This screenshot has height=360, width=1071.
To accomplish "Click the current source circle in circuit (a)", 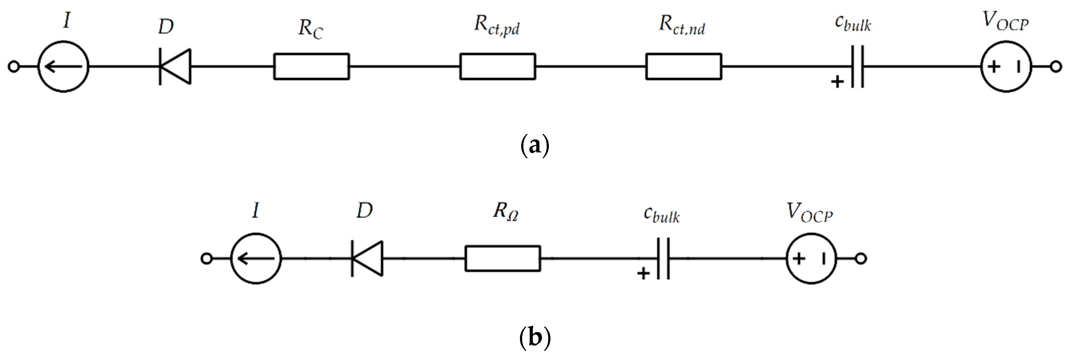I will (63, 67).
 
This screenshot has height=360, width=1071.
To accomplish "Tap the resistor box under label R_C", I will (312, 67).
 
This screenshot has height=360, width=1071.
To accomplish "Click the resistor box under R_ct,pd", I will (497, 67).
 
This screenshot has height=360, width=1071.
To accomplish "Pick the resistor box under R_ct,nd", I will (683, 67).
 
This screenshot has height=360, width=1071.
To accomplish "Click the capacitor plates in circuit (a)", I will (857, 67).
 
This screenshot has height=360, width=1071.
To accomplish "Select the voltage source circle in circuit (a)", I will (1006, 67).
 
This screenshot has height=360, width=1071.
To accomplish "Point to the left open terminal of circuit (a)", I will (14, 67).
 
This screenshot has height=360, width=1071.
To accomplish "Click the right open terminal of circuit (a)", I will (1056, 67).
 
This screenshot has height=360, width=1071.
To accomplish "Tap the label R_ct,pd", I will (497, 26).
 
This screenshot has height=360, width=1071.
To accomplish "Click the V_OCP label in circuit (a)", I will (1005, 22).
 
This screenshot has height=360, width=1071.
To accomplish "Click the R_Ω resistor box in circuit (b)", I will (503, 259).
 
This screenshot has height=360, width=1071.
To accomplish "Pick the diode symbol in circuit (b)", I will (367, 259).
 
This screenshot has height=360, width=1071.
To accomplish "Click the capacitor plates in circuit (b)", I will (663, 259).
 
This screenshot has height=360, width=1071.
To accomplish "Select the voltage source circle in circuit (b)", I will (811, 259).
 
